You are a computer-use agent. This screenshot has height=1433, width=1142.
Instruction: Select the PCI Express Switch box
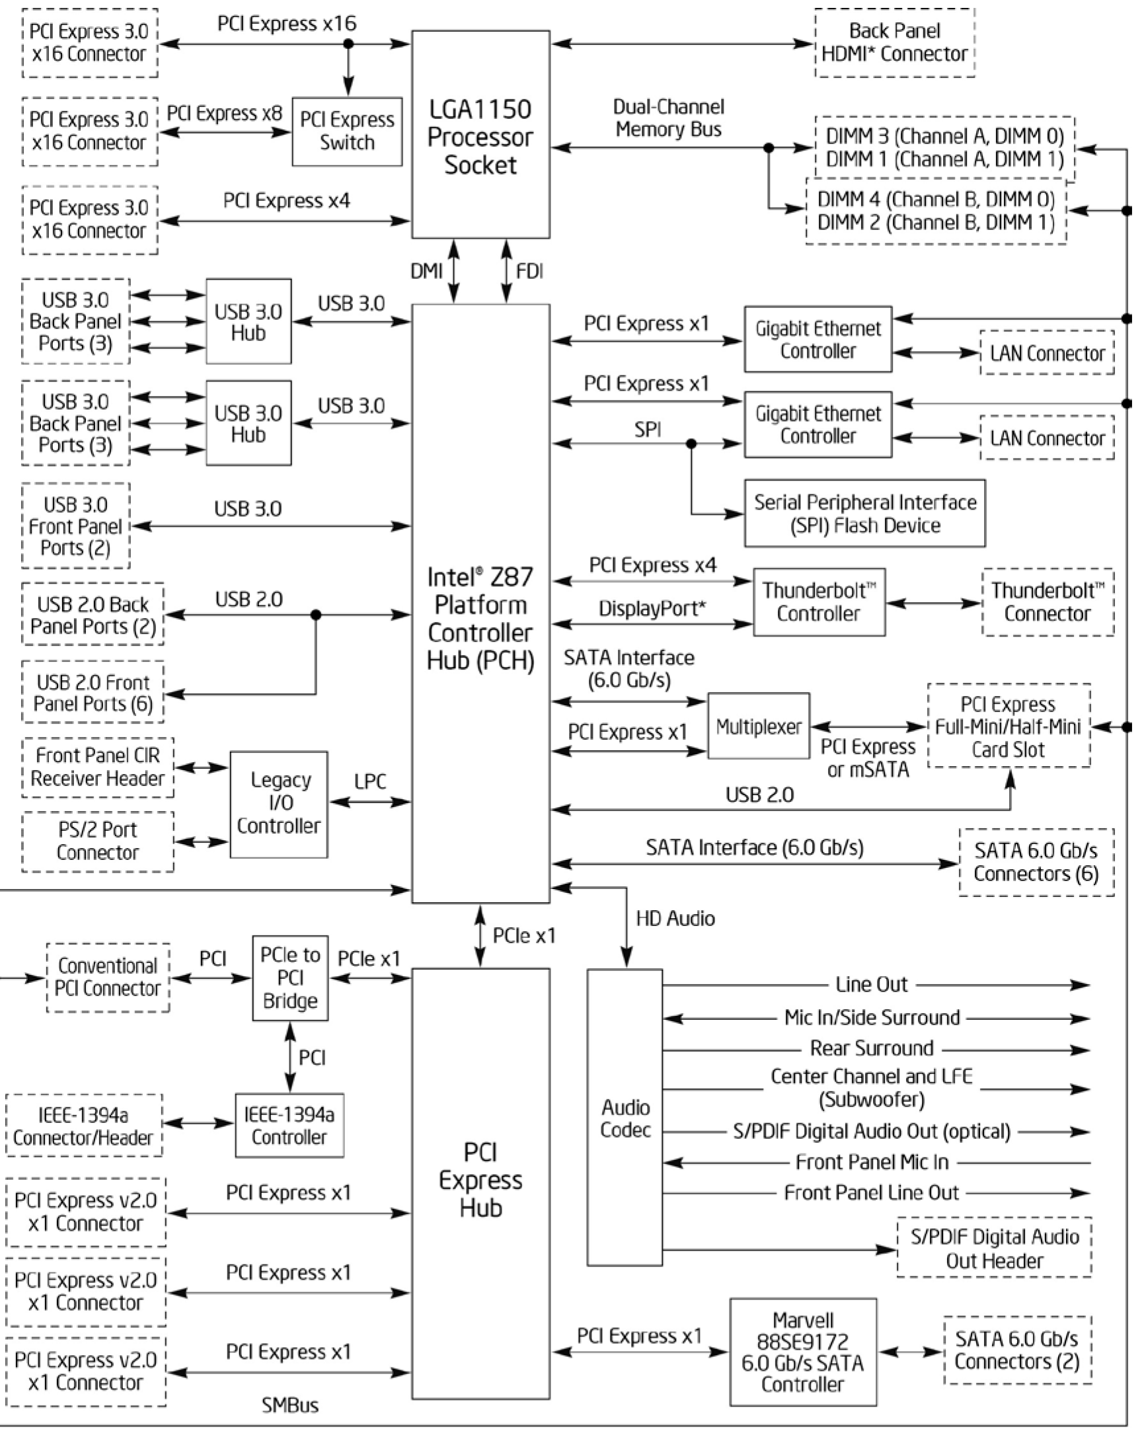click(347, 132)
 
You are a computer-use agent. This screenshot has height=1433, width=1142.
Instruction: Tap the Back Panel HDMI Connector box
click(894, 42)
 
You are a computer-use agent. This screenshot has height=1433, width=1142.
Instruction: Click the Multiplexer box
click(759, 726)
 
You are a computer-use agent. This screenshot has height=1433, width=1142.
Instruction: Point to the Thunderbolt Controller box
click(818, 602)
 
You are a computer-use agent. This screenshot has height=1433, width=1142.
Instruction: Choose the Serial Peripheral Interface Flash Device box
click(864, 514)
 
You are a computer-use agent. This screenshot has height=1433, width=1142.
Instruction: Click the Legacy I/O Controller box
click(278, 804)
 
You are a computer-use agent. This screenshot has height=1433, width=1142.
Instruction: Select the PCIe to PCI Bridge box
click(290, 978)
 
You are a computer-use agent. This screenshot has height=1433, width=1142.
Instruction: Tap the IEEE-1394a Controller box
click(289, 1126)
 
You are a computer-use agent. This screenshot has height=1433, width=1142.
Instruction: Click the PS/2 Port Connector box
click(97, 841)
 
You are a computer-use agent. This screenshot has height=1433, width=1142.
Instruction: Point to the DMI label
click(426, 271)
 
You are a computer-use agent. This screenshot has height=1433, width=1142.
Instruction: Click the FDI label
click(529, 271)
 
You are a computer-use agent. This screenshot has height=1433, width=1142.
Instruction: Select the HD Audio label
click(675, 919)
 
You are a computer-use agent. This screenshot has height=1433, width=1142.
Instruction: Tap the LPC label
click(369, 782)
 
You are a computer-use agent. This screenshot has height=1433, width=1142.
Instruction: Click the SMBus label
click(290, 1405)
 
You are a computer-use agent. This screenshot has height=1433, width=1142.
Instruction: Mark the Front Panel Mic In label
click(872, 1162)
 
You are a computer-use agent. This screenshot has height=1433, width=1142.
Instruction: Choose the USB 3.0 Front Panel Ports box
click(75, 525)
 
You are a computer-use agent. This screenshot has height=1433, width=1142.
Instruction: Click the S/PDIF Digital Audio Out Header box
click(994, 1248)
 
